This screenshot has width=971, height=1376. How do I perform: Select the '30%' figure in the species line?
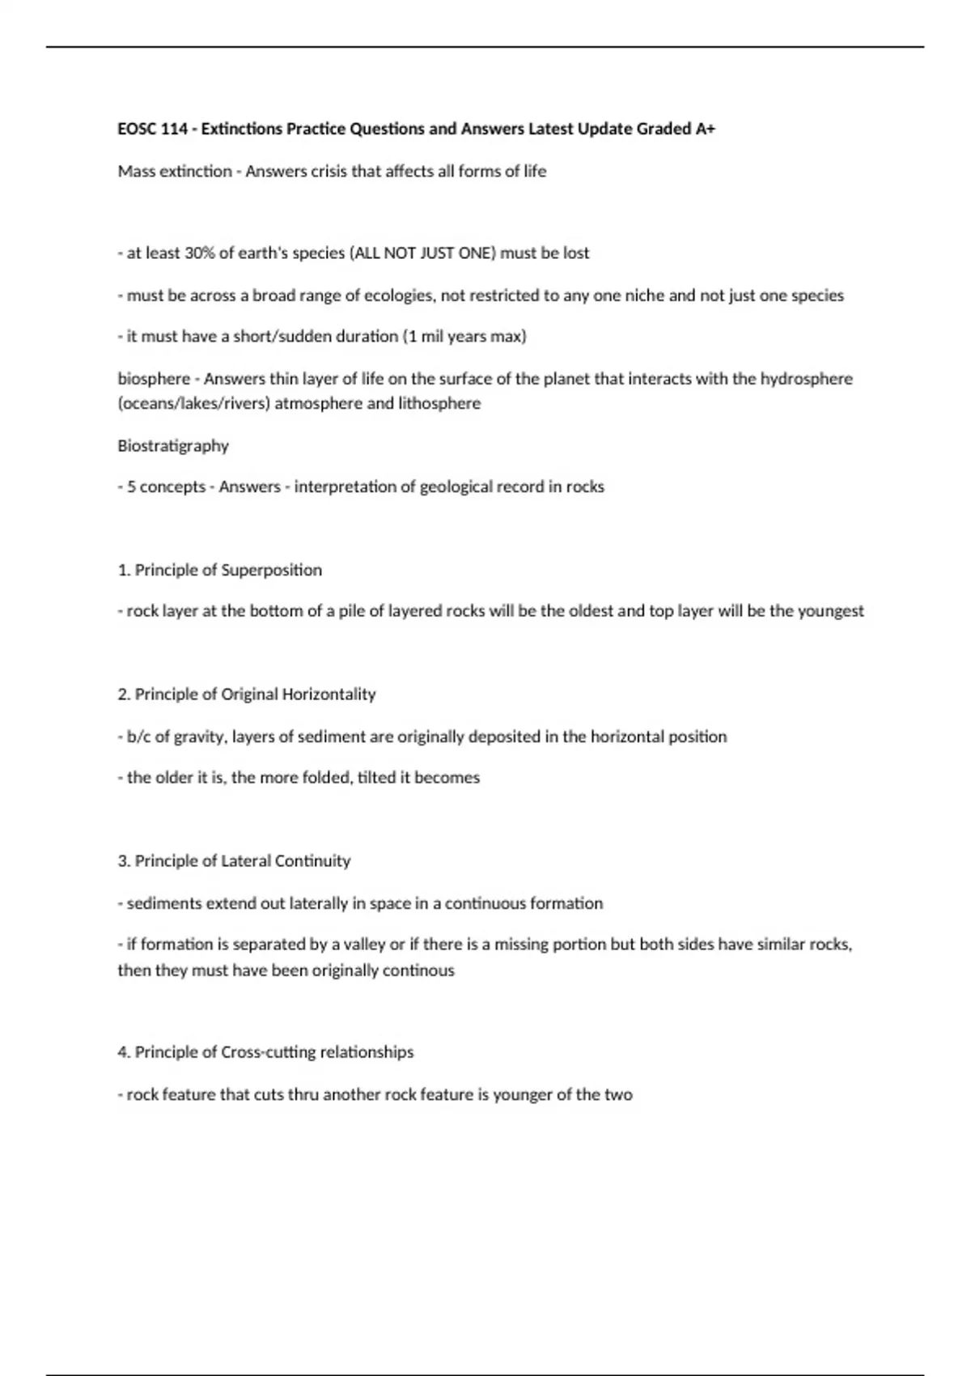(x=199, y=253)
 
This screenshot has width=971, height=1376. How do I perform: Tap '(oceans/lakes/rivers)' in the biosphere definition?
(x=193, y=403)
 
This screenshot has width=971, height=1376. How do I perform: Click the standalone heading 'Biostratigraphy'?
(x=173, y=445)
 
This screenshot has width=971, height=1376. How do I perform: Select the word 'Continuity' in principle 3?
(x=312, y=861)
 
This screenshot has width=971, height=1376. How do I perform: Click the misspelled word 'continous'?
(x=418, y=970)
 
